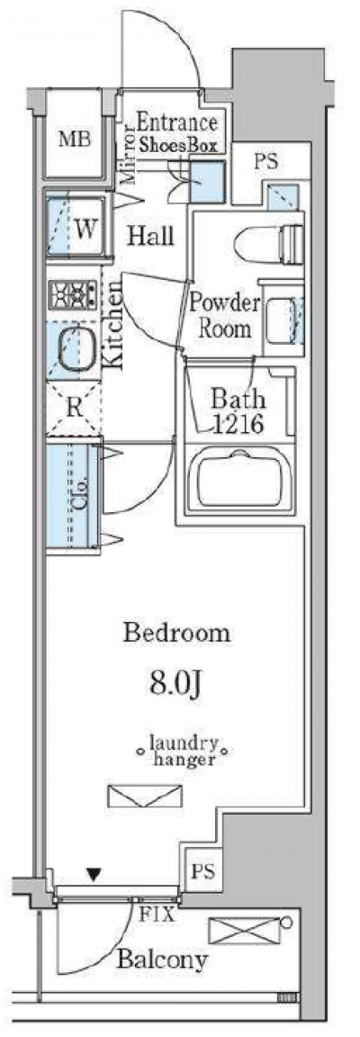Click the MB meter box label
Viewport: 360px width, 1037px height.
[76, 140]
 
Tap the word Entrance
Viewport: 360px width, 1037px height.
[177, 123]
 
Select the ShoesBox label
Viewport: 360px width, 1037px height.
[177, 146]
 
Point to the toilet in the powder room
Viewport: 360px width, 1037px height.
[287, 242]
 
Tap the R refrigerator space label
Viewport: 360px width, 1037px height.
[74, 407]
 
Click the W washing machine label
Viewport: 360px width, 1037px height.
[84, 230]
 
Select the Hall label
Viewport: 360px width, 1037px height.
[150, 236]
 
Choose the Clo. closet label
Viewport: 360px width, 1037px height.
[81, 491]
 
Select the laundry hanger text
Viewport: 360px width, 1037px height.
[183, 753]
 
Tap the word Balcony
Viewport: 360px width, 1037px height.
[162, 959]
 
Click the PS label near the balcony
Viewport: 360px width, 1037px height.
[202, 870]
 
